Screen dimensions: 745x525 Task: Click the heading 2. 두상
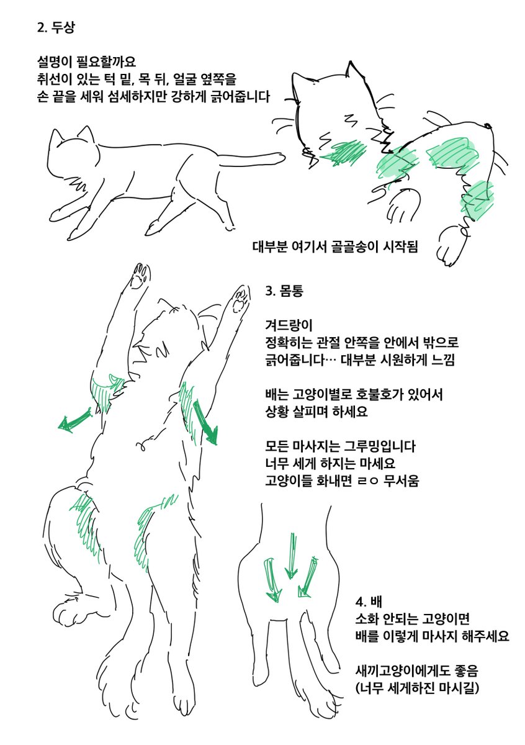pos(58,29)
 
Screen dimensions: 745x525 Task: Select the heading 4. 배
pos(368,602)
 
